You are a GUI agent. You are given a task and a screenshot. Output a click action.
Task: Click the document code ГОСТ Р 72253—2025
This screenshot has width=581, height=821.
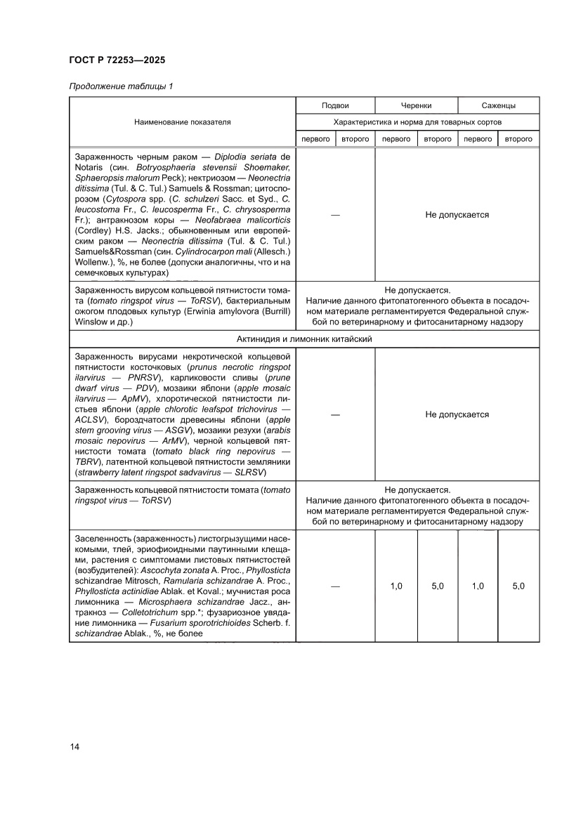click(x=117, y=60)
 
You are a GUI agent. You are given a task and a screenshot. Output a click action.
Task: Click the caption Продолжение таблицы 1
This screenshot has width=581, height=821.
click(x=120, y=86)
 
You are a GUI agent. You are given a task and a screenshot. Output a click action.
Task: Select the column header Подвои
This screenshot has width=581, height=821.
click(x=335, y=105)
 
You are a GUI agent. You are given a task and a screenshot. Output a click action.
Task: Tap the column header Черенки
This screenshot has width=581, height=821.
click(x=416, y=105)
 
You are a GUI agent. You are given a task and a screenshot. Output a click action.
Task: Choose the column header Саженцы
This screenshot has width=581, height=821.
click(x=498, y=105)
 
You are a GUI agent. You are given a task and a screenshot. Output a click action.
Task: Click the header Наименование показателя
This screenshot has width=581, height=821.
click(x=183, y=122)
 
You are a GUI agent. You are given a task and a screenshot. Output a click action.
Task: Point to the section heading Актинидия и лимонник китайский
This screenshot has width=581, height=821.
click(x=304, y=339)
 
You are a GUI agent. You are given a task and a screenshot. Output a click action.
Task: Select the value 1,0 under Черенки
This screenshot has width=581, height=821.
click(x=396, y=586)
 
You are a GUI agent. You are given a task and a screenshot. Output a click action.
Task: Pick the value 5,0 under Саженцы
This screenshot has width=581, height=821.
click(x=518, y=586)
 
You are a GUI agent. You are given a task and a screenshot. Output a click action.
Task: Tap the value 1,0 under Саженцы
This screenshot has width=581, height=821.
click(x=478, y=586)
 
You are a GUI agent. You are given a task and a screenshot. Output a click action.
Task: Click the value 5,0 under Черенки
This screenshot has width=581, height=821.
click(x=437, y=586)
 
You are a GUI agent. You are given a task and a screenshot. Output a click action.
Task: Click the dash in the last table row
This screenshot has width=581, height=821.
click(x=335, y=586)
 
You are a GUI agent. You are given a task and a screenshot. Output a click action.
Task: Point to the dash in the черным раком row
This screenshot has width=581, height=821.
click(x=335, y=215)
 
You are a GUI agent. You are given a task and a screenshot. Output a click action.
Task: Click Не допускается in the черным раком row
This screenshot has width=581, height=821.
click(x=457, y=215)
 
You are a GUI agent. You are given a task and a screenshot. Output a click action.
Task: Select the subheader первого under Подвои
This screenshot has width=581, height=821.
click(x=315, y=139)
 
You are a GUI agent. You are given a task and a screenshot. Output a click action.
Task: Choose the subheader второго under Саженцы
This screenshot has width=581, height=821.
click(x=518, y=139)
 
